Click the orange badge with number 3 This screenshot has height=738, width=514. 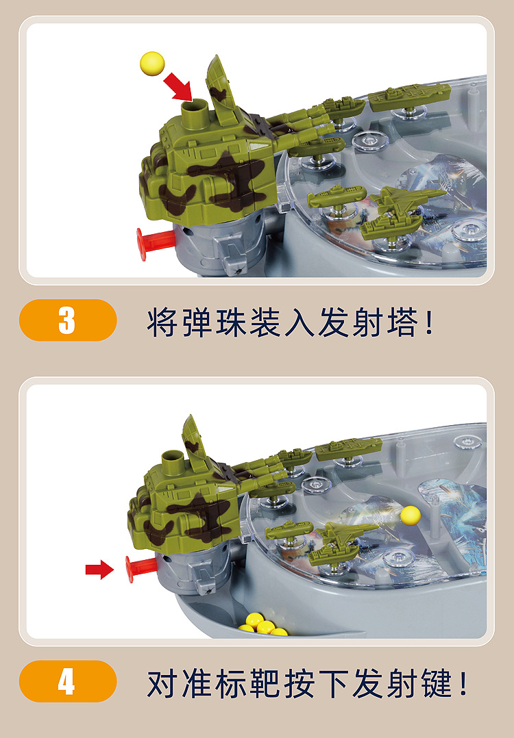tap(67, 320)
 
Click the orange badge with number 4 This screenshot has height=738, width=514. tap(67, 681)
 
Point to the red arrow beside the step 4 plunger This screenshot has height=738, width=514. tap(99, 569)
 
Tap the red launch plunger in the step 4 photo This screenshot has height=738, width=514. tap(139, 569)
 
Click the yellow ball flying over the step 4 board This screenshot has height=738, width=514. tap(411, 514)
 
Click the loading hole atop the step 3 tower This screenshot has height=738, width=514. tap(195, 107)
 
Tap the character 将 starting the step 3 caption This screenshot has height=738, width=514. tap(163, 322)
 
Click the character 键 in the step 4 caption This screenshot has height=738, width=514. tap(437, 683)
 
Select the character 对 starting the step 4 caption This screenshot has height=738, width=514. tap(163, 683)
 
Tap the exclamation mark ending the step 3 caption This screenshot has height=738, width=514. tap(430, 322)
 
